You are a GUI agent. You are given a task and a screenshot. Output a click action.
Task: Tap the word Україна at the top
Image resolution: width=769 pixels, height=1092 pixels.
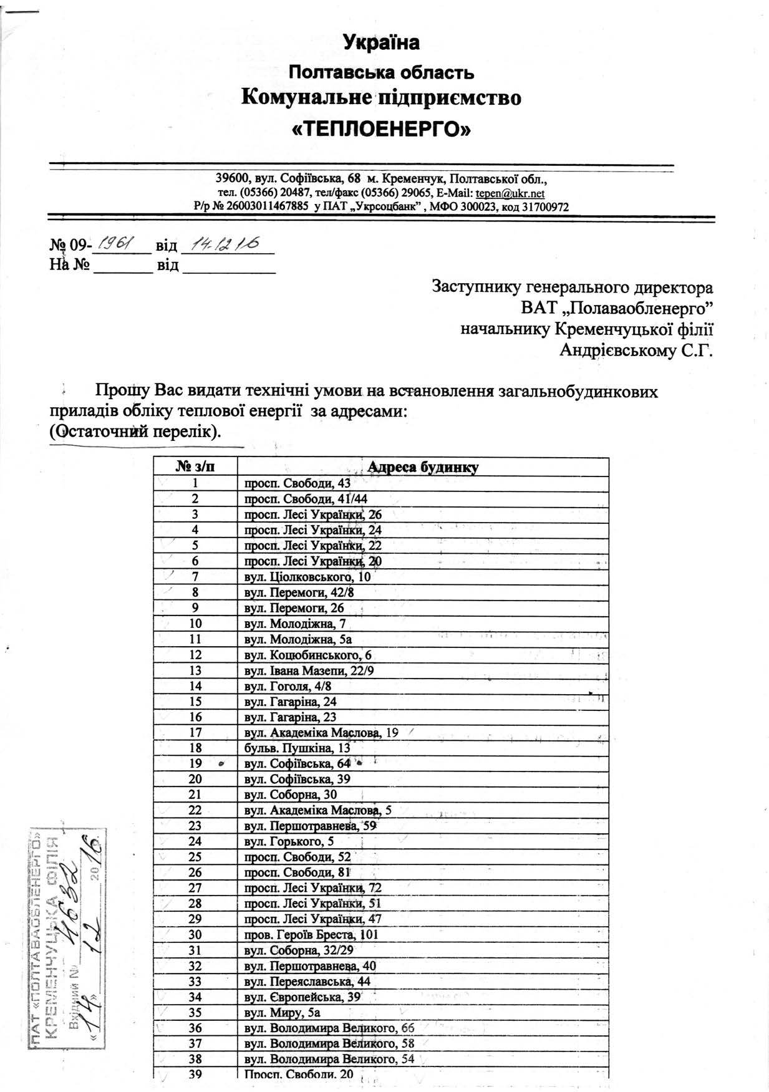click(381, 43)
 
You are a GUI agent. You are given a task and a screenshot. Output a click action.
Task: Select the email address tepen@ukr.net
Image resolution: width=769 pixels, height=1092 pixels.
click(510, 194)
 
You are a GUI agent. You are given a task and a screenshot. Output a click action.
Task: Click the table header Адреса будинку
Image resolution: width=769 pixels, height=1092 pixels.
click(423, 467)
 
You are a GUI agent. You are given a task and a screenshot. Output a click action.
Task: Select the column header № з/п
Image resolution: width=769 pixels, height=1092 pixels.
click(195, 467)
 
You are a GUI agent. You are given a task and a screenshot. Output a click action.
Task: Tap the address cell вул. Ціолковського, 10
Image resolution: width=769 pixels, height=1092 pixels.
click(307, 577)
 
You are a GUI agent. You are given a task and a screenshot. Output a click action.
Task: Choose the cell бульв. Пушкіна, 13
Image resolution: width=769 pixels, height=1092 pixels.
click(297, 748)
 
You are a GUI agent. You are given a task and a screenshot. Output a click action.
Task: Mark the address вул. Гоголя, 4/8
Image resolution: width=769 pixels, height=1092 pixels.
click(288, 686)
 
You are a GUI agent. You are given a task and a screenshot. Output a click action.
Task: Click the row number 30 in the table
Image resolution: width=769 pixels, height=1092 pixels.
click(195, 934)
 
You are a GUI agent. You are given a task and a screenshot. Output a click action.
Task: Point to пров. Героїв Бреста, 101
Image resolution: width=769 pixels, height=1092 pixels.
click(311, 934)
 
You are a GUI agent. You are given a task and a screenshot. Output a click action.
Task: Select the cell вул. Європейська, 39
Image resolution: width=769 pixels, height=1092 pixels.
click(302, 997)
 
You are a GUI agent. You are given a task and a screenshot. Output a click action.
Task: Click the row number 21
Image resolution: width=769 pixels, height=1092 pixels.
click(195, 795)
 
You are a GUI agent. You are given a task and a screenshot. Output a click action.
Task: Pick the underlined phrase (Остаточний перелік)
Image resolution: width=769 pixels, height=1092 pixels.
click(135, 432)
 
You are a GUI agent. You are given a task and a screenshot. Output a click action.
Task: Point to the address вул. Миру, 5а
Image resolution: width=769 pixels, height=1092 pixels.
click(282, 1012)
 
